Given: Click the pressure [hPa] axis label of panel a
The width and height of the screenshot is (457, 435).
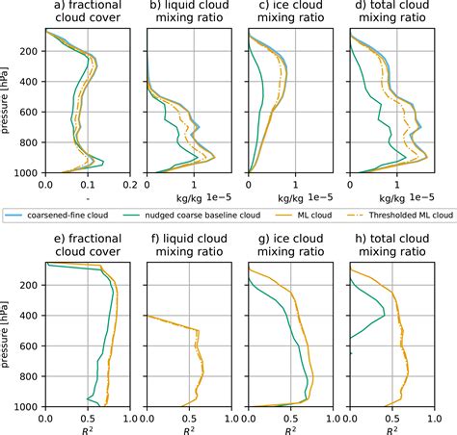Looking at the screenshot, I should pos(8,100).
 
